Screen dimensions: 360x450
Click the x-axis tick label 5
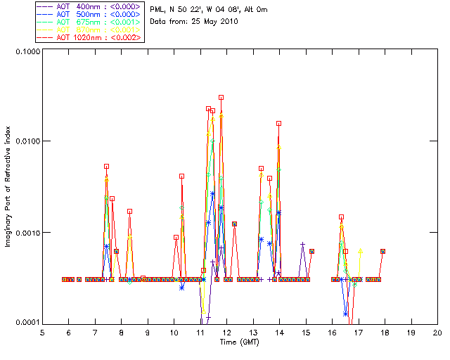[42, 333]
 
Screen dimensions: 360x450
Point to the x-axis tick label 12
[226, 333]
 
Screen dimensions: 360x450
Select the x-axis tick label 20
[437, 333]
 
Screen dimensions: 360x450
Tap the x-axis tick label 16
[332, 333]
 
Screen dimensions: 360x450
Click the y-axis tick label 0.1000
[27, 52]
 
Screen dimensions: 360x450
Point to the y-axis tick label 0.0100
[27, 142]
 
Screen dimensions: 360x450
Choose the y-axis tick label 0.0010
[27, 233]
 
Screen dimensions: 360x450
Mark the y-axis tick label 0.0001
[27, 323]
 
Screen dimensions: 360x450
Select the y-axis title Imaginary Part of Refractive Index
[8, 187]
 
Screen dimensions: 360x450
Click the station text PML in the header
[158, 9]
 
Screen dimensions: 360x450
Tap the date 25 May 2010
[210, 21]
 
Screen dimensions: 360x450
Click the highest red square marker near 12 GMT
[221, 98]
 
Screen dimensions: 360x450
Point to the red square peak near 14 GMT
[278, 123]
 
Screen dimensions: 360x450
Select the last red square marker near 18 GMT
[382, 251]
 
